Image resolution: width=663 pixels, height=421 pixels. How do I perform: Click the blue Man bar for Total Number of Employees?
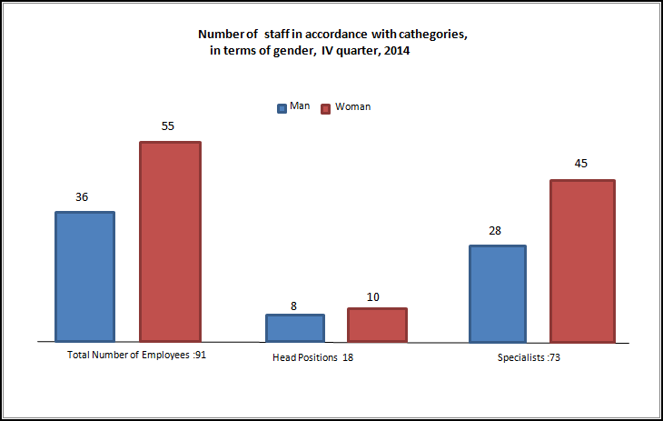coord(85,276)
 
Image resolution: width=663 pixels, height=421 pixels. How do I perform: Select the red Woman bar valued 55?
coord(170,241)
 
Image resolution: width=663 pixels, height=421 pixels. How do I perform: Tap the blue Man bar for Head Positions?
coord(295,327)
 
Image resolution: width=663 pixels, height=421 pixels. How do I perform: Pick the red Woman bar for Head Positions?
coord(377,325)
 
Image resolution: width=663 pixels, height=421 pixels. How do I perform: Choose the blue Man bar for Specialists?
coord(497,294)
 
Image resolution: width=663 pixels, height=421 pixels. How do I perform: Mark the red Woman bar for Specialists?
coord(581,261)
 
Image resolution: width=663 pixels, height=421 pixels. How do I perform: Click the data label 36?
coord(82,196)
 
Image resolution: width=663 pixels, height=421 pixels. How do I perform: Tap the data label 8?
coord(294,306)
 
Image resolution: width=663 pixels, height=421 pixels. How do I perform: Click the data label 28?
coord(495,231)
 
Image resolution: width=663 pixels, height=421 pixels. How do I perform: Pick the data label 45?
coord(581,164)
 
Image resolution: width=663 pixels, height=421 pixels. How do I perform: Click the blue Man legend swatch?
coord(282,107)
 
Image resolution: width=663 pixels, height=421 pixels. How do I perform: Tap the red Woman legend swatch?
coord(327,107)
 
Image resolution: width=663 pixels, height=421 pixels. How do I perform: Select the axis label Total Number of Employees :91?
coord(138,355)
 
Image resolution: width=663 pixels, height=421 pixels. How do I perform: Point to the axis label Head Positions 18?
coord(312,357)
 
